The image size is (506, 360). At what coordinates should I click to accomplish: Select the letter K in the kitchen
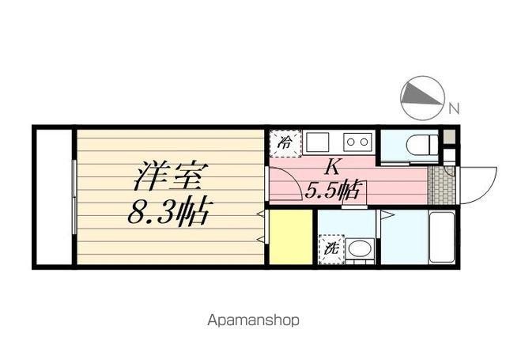334,166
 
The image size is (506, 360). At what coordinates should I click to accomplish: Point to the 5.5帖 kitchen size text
334,190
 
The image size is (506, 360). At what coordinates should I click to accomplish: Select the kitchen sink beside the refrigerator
319,142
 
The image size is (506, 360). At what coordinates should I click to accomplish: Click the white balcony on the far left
54,198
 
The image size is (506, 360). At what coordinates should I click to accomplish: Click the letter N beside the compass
453,108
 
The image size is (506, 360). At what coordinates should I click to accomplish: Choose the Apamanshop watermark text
253,321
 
